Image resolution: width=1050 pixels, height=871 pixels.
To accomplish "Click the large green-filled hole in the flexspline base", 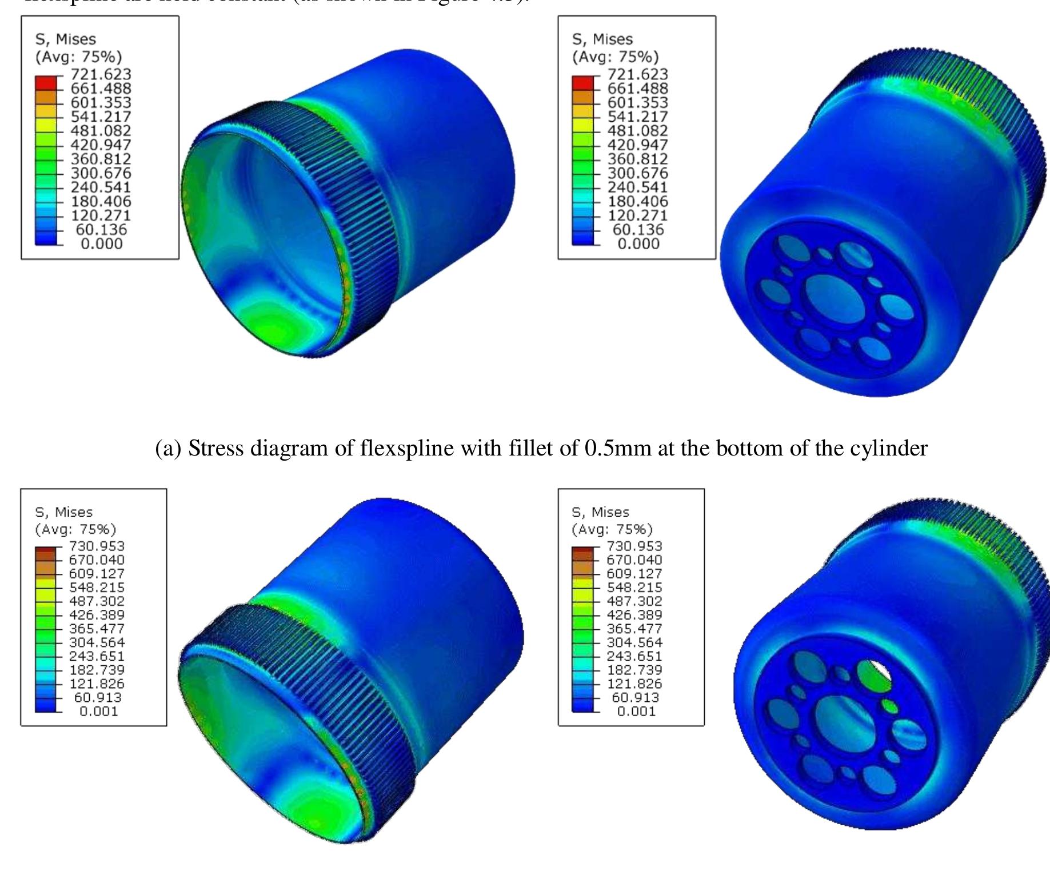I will tap(873, 678).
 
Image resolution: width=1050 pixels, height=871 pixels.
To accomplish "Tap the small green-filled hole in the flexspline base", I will tap(889, 705).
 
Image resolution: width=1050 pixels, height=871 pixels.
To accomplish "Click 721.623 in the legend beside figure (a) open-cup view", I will tap(101, 74).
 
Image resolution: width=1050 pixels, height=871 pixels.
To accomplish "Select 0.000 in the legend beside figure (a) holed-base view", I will tap(638, 243).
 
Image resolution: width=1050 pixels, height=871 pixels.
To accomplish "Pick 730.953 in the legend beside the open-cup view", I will tap(97, 546).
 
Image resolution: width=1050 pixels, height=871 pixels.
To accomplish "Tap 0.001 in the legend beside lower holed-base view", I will tap(636, 711).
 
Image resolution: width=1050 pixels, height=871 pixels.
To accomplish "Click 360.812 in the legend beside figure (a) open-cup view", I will tap(101, 159).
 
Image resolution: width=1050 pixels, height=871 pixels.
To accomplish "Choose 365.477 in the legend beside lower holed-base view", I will tap(634, 629).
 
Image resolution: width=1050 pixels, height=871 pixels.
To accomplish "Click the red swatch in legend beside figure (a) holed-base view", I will tap(583, 82).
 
